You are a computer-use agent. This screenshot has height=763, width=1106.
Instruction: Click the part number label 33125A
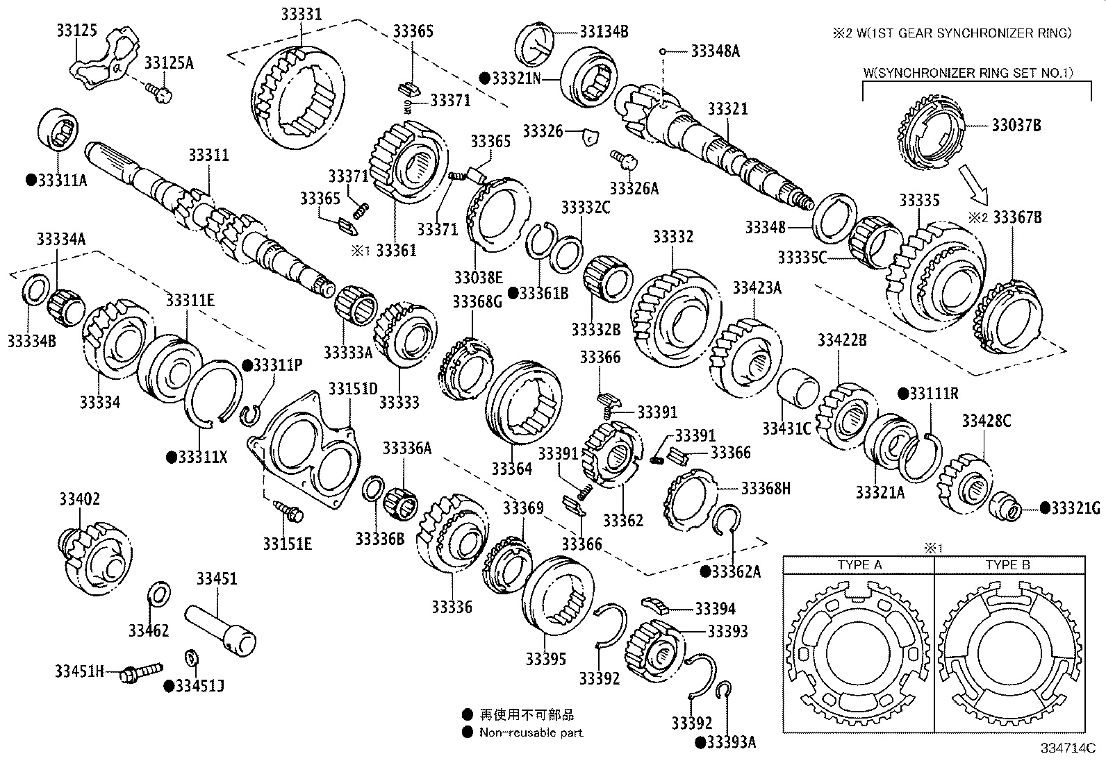pyautogui.click(x=169, y=64)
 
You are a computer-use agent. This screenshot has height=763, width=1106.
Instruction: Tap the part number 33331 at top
pyautogui.click(x=302, y=14)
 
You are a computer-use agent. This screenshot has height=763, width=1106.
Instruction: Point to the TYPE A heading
pyautogui.click(x=859, y=564)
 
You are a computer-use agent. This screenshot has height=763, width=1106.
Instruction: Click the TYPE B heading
pyautogui.click(x=1007, y=564)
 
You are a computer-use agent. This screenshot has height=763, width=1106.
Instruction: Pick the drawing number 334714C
pyautogui.click(x=1067, y=748)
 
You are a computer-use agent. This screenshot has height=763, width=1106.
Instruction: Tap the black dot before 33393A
pyautogui.click(x=700, y=742)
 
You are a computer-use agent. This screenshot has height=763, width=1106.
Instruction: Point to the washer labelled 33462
pyautogui.click(x=159, y=595)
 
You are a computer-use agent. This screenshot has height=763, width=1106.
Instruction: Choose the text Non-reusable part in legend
pyautogui.click(x=531, y=732)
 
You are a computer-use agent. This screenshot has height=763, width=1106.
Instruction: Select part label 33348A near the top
pyautogui.click(x=716, y=51)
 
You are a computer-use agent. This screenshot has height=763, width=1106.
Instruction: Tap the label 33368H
pyautogui.click(x=766, y=488)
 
